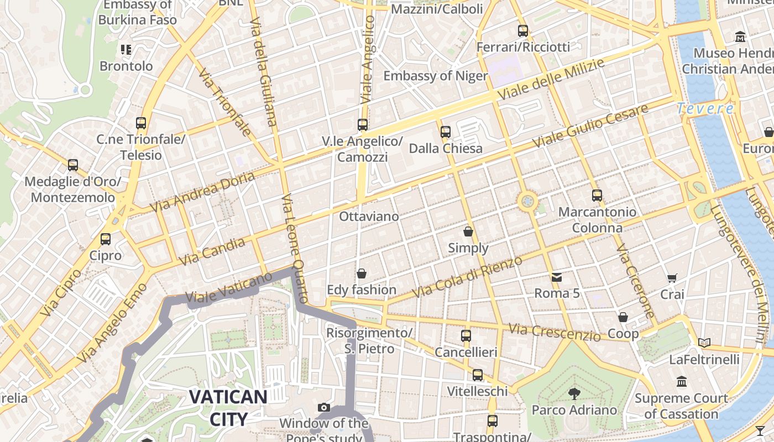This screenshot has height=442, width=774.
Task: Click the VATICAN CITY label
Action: (228, 408)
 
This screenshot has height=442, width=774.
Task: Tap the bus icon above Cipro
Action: (105, 239)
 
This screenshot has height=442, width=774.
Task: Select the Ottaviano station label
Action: (369, 216)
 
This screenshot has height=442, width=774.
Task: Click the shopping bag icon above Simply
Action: (468, 231)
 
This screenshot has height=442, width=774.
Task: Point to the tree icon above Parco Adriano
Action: (574, 393)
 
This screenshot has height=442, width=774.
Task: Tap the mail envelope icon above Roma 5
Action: (556, 277)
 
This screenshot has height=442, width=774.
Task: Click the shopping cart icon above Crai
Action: (672, 278)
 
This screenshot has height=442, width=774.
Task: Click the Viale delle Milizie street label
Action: (551, 80)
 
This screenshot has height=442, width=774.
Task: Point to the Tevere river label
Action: (706, 108)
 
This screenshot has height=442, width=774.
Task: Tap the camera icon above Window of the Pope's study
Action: (324, 408)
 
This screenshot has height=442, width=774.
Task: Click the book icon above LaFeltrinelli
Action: (704, 343)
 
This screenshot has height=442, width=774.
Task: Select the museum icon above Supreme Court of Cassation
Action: (681, 382)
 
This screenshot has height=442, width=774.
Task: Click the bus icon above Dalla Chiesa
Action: (446, 131)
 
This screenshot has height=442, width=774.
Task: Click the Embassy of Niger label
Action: (436, 76)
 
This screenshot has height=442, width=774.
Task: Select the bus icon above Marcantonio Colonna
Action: (597, 195)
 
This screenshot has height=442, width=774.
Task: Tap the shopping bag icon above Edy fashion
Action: (362, 273)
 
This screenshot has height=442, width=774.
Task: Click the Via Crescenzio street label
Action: (554, 332)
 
